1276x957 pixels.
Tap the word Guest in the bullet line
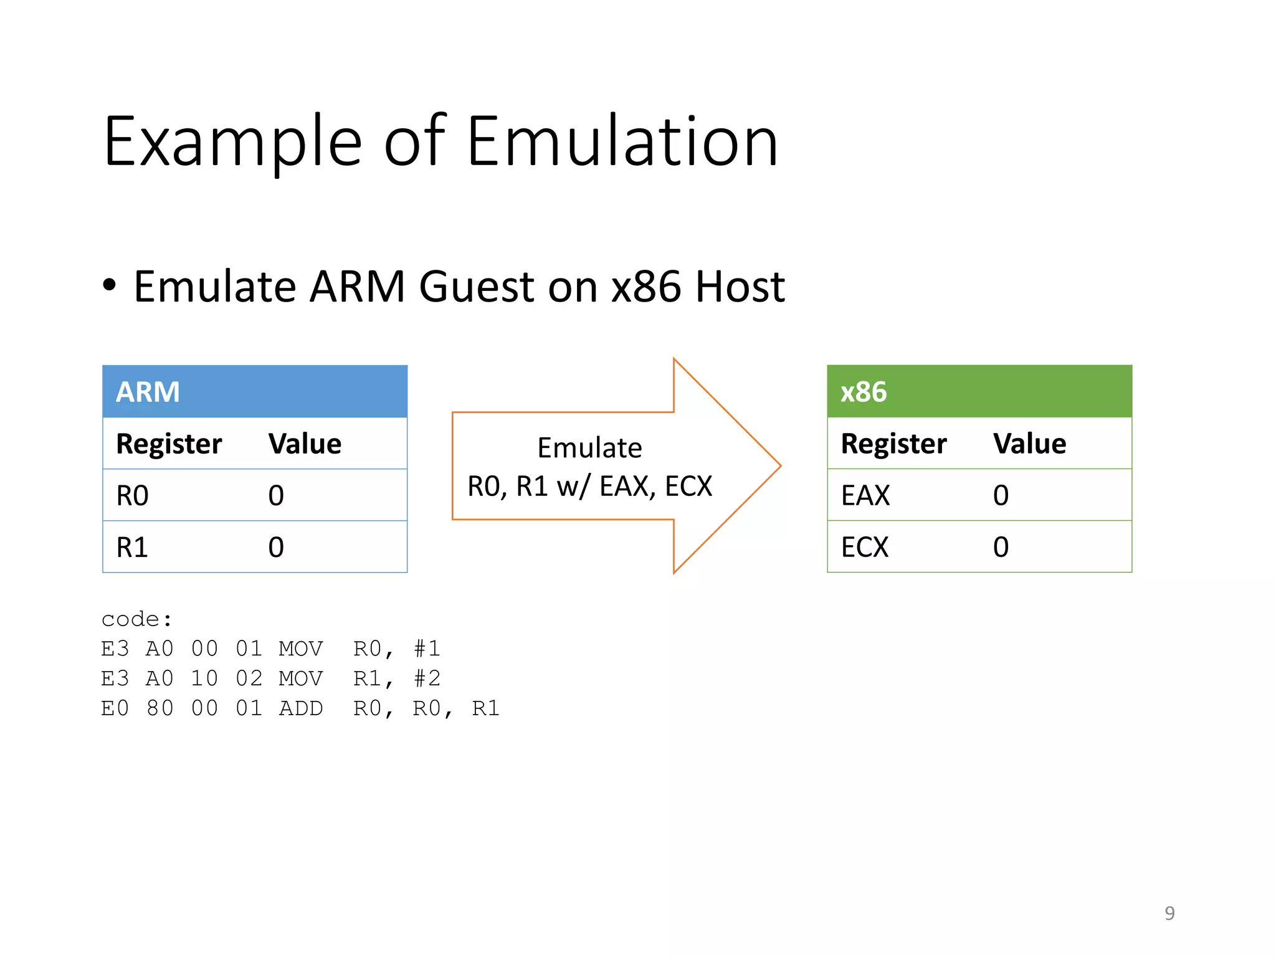477,287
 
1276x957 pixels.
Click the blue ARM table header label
148,392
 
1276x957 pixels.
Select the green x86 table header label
863,392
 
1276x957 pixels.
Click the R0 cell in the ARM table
132,496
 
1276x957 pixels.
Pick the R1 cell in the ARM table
132,548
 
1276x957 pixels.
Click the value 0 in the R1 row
276,548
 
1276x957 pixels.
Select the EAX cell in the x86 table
865,496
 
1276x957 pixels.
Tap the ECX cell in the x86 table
864,548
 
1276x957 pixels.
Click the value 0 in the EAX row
1001,496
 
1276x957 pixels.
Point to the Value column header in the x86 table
1029,444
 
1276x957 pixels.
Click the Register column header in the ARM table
169,444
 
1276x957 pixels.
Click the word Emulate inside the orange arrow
589,448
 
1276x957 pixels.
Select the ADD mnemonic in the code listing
300,708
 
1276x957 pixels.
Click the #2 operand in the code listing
427,678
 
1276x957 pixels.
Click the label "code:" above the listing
136,619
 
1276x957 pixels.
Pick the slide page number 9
1169,913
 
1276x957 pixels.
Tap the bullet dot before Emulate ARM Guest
110,286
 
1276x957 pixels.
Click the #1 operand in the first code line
427,649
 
